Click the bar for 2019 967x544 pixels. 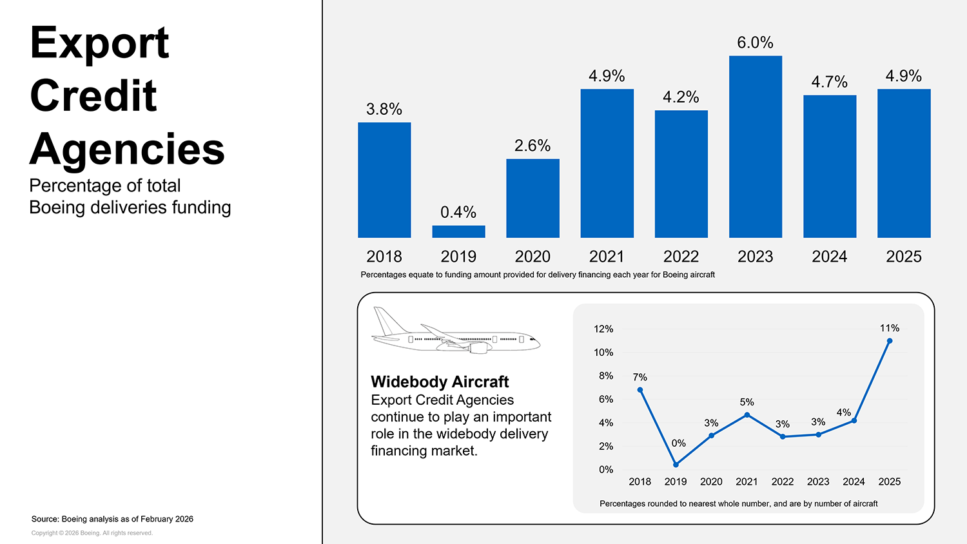[x=458, y=231]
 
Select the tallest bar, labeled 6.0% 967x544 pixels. [x=755, y=147]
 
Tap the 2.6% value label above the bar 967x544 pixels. [x=532, y=146]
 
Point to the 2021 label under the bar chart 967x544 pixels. [x=607, y=257]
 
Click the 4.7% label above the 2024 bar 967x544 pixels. [x=829, y=82]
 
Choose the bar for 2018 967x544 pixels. [x=384, y=180]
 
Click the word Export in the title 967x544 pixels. [x=99, y=43]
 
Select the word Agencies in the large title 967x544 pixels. [x=127, y=149]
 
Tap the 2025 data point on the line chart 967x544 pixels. [x=890, y=341]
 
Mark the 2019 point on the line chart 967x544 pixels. [x=676, y=465]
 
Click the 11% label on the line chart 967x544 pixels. [x=890, y=328]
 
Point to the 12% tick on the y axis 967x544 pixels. [x=603, y=329]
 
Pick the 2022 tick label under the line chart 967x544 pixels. [x=783, y=481]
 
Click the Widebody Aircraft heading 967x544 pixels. [x=440, y=382]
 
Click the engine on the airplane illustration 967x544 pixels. [x=478, y=348]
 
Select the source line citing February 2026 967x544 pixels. [x=112, y=519]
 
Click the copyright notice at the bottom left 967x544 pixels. [x=92, y=533]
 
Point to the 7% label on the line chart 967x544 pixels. [x=640, y=377]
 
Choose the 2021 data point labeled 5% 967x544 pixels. [x=747, y=415]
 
